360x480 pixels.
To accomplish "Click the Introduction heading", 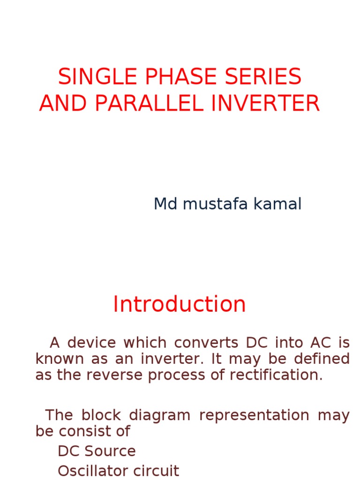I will tap(180, 304).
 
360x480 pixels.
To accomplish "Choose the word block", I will tap(99, 415).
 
